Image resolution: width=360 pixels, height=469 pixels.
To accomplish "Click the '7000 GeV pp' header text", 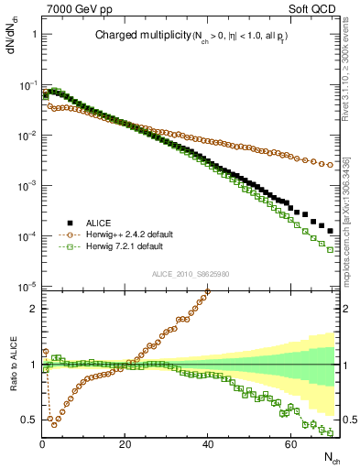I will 73,8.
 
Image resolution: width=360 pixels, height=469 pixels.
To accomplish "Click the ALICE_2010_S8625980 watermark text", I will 190,273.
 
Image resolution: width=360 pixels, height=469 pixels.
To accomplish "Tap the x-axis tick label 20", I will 125,444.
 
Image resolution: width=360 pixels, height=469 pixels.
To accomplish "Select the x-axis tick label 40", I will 208,444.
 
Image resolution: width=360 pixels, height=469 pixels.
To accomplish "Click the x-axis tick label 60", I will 290,444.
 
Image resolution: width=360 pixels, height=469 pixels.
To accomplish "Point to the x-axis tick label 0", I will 43,444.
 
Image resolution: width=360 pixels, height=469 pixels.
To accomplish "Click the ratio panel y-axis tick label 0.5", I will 30,420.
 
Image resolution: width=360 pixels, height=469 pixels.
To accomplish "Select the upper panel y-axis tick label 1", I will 35,34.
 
